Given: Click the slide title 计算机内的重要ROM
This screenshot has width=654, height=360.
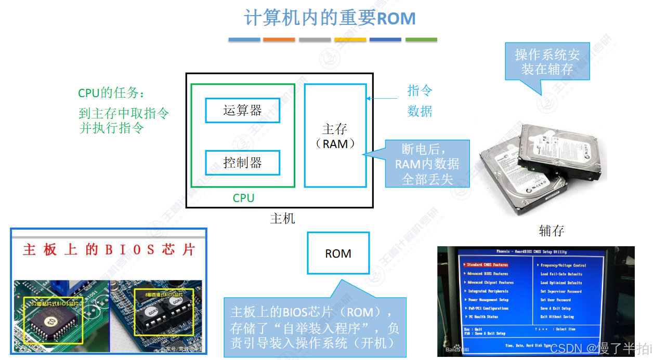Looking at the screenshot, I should tap(330, 18).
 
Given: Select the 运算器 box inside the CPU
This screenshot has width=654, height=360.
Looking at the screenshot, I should tap(242, 110).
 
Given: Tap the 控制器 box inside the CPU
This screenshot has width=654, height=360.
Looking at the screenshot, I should tap(242, 163).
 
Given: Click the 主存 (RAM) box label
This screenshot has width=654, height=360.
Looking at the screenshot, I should tap(335, 136).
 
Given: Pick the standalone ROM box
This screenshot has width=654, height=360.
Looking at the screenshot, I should tap(338, 253).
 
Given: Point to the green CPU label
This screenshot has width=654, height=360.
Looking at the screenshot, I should tap(243, 198).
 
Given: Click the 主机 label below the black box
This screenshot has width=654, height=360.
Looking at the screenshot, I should tap(282, 218).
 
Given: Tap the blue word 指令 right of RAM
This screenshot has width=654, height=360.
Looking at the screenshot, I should tap(420, 91).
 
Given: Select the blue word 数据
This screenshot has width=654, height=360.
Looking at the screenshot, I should tap(420, 111).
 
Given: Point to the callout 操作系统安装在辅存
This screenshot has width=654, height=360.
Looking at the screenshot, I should tap(547, 61).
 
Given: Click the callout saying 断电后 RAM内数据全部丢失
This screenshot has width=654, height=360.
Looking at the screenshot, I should tap(427, 164).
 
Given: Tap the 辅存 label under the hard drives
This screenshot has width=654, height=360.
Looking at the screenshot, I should tap(552, 230).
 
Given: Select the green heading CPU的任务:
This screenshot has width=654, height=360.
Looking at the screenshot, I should tap(112, 93).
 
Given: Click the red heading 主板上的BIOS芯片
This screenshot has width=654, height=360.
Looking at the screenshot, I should tap(109, 250).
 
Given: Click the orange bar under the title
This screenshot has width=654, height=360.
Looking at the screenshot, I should tap(279, 39).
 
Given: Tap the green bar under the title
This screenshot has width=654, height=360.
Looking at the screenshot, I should tap(421, 39).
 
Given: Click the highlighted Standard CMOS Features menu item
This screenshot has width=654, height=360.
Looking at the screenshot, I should tap(487, 265).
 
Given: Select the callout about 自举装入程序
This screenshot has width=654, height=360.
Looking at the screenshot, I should tap(315, 327).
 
